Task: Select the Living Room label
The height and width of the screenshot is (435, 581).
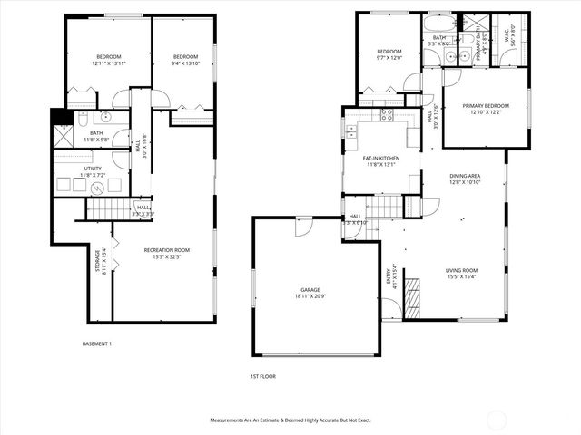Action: pyautogui.click(x=461, y=274)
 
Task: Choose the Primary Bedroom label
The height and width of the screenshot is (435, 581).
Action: pyautogui.click(x=485, y=110)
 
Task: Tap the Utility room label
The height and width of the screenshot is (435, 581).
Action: pyautogui.click(x=94, y=170)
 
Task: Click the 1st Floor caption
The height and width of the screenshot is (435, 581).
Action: pyautogui.click(x=262, y=375)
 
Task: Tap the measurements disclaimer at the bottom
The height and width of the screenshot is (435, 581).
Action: pyautogui.click(x=290, y=420)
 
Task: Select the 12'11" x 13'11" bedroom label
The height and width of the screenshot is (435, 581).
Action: pyautogui.click(x=106, y=60)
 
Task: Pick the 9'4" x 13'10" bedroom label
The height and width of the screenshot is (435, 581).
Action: pyautogui.click(x=185, y=60)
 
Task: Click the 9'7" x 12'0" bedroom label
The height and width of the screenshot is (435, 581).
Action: pyautogui.click(x=389, y=54)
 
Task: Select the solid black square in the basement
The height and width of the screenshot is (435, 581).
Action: pyautogui.click(x=60, y=117)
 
